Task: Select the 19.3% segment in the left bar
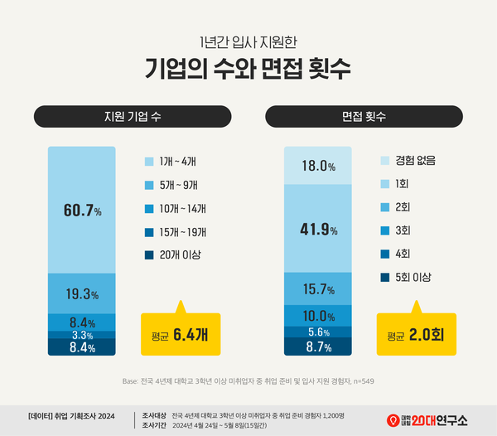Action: pos(82,294)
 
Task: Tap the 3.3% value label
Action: pos(82,335)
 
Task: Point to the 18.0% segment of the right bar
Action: pos(318,166)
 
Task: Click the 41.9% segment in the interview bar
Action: pos(318,229)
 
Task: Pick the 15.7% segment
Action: pos(318,289)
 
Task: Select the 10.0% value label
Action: pos(318,316)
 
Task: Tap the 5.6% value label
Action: pos(318,332)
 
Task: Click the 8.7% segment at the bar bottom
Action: pos(318,347)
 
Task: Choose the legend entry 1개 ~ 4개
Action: pos(178,161)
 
